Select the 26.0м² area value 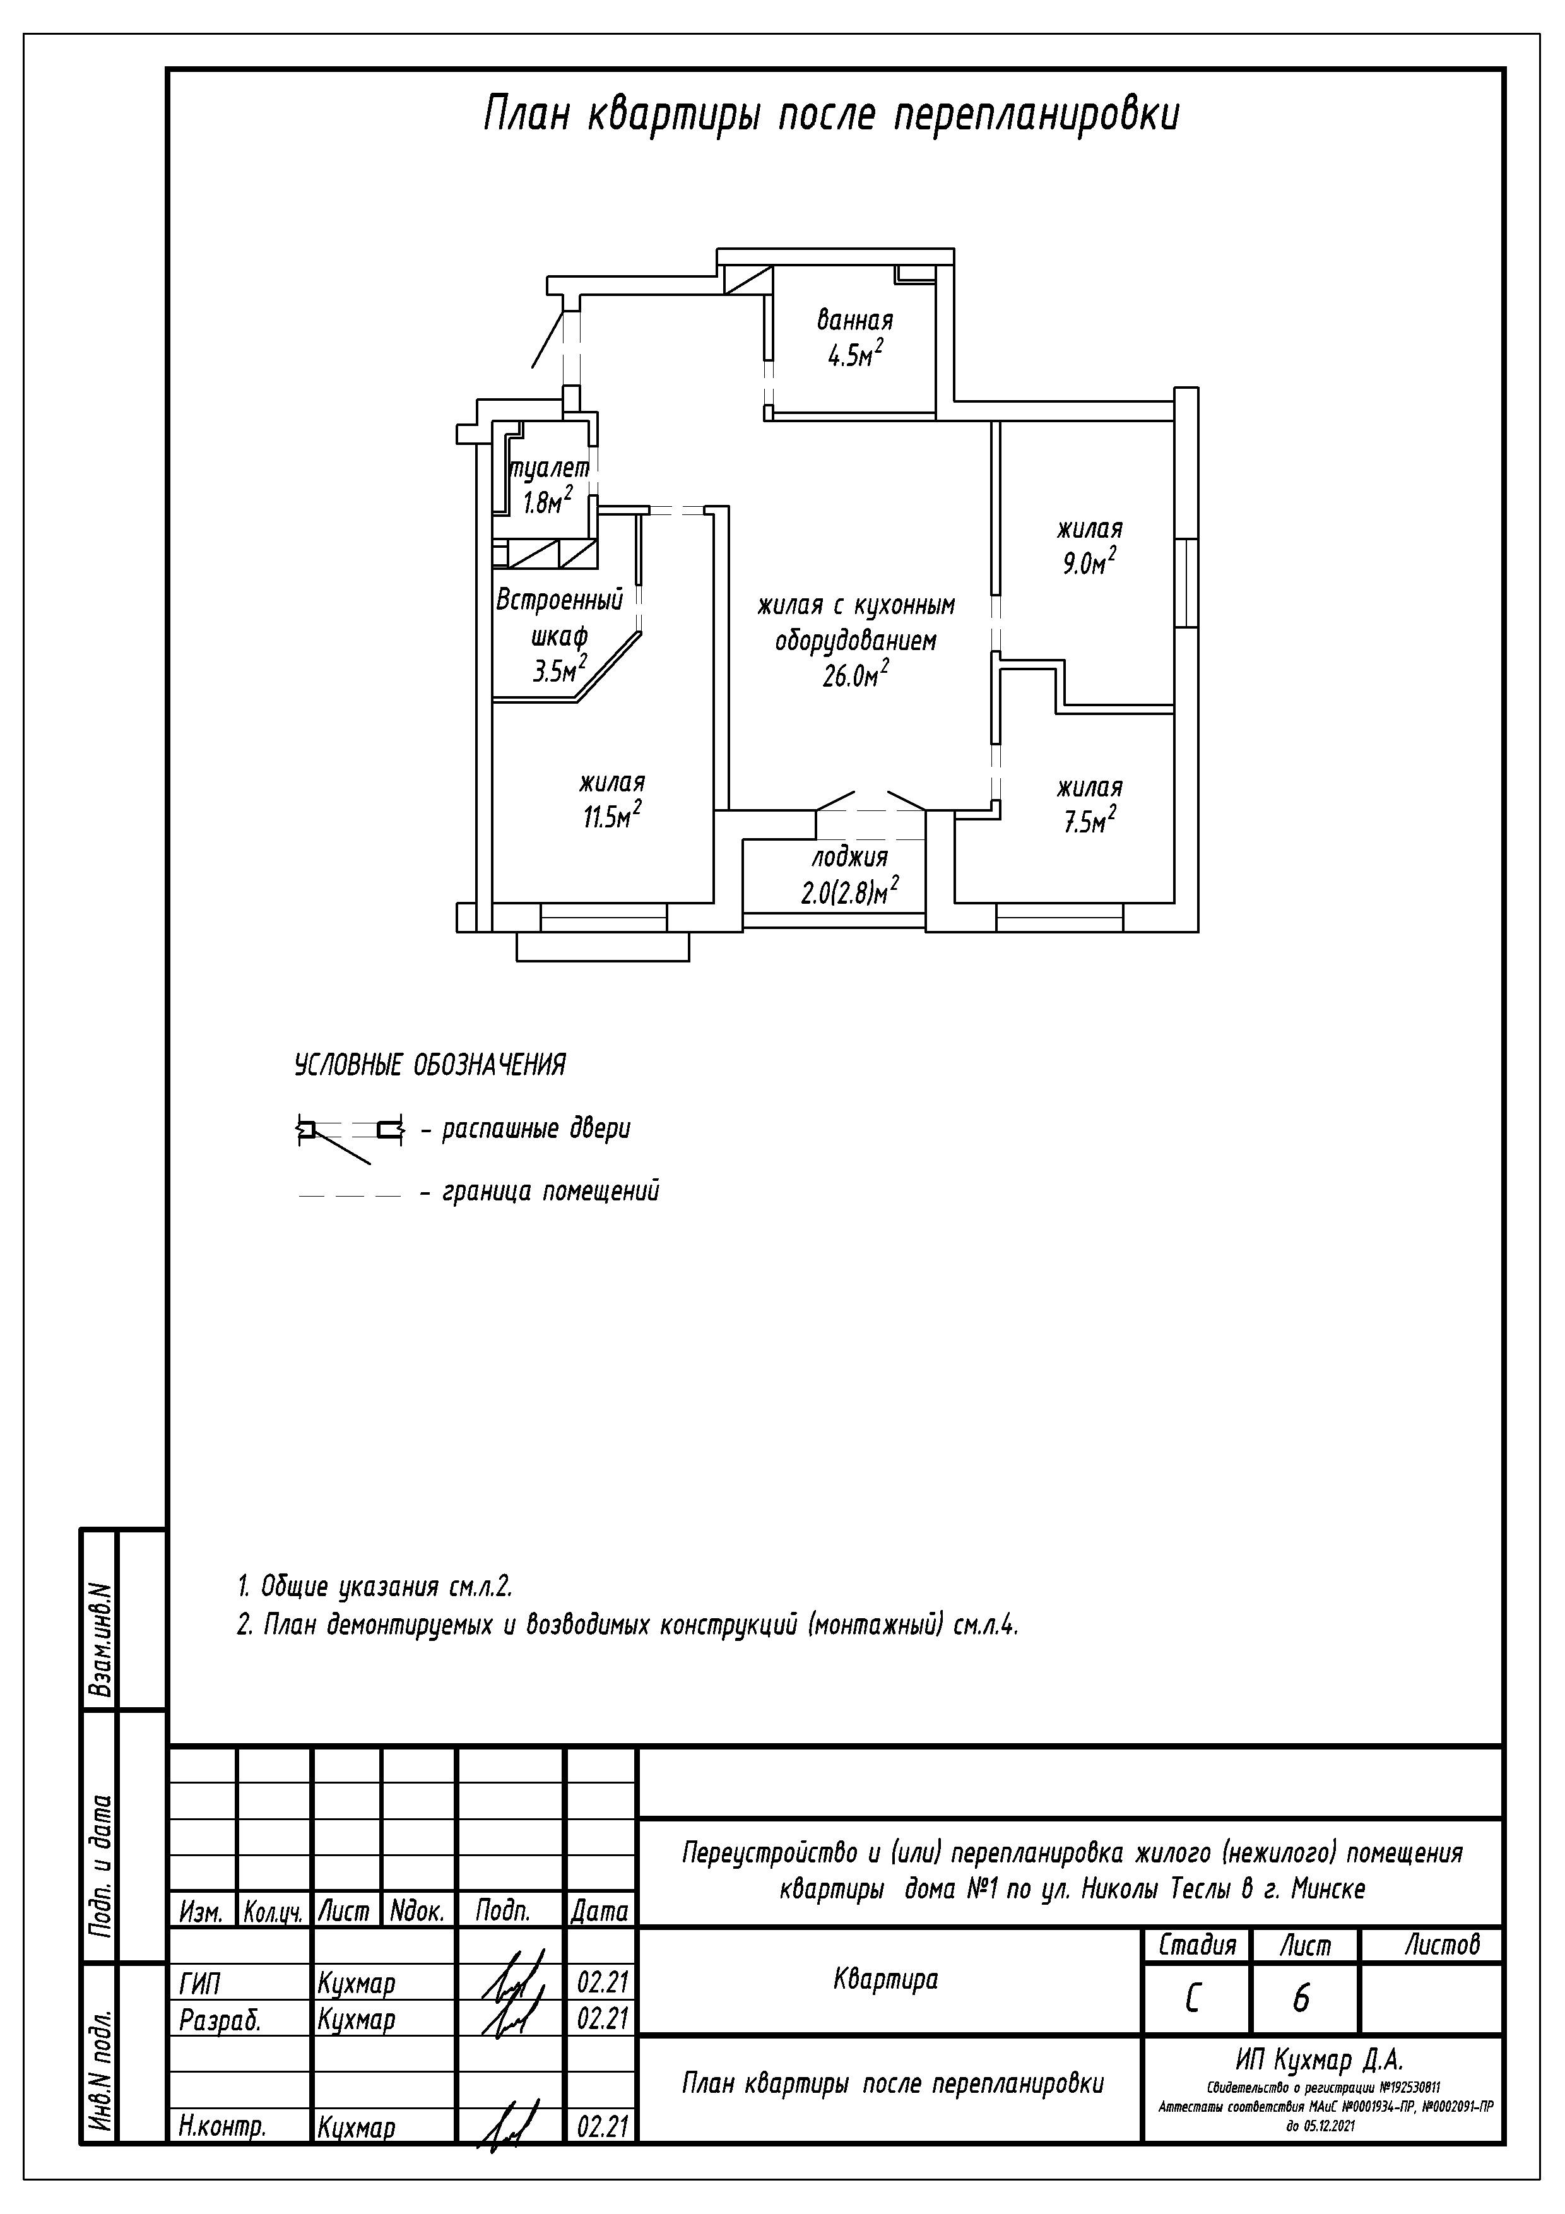[x=854, y=675]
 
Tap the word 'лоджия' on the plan [x=849, y=857]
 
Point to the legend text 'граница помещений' [x=551, y=1192]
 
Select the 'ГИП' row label [x=199, y=1984]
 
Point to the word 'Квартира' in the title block [x=885, y=1980]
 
